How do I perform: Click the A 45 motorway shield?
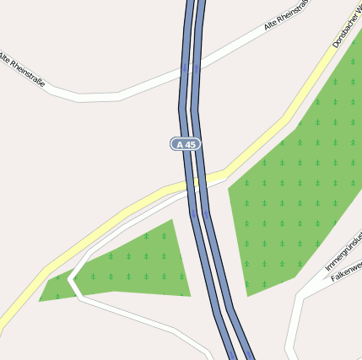(x=186, y=144)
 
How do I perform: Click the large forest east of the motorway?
(x=295, y=202)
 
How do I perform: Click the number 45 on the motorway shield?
(x=191, y=144)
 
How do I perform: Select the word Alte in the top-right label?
(x=271, y=24)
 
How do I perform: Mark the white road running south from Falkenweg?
(x=291, y=333)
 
